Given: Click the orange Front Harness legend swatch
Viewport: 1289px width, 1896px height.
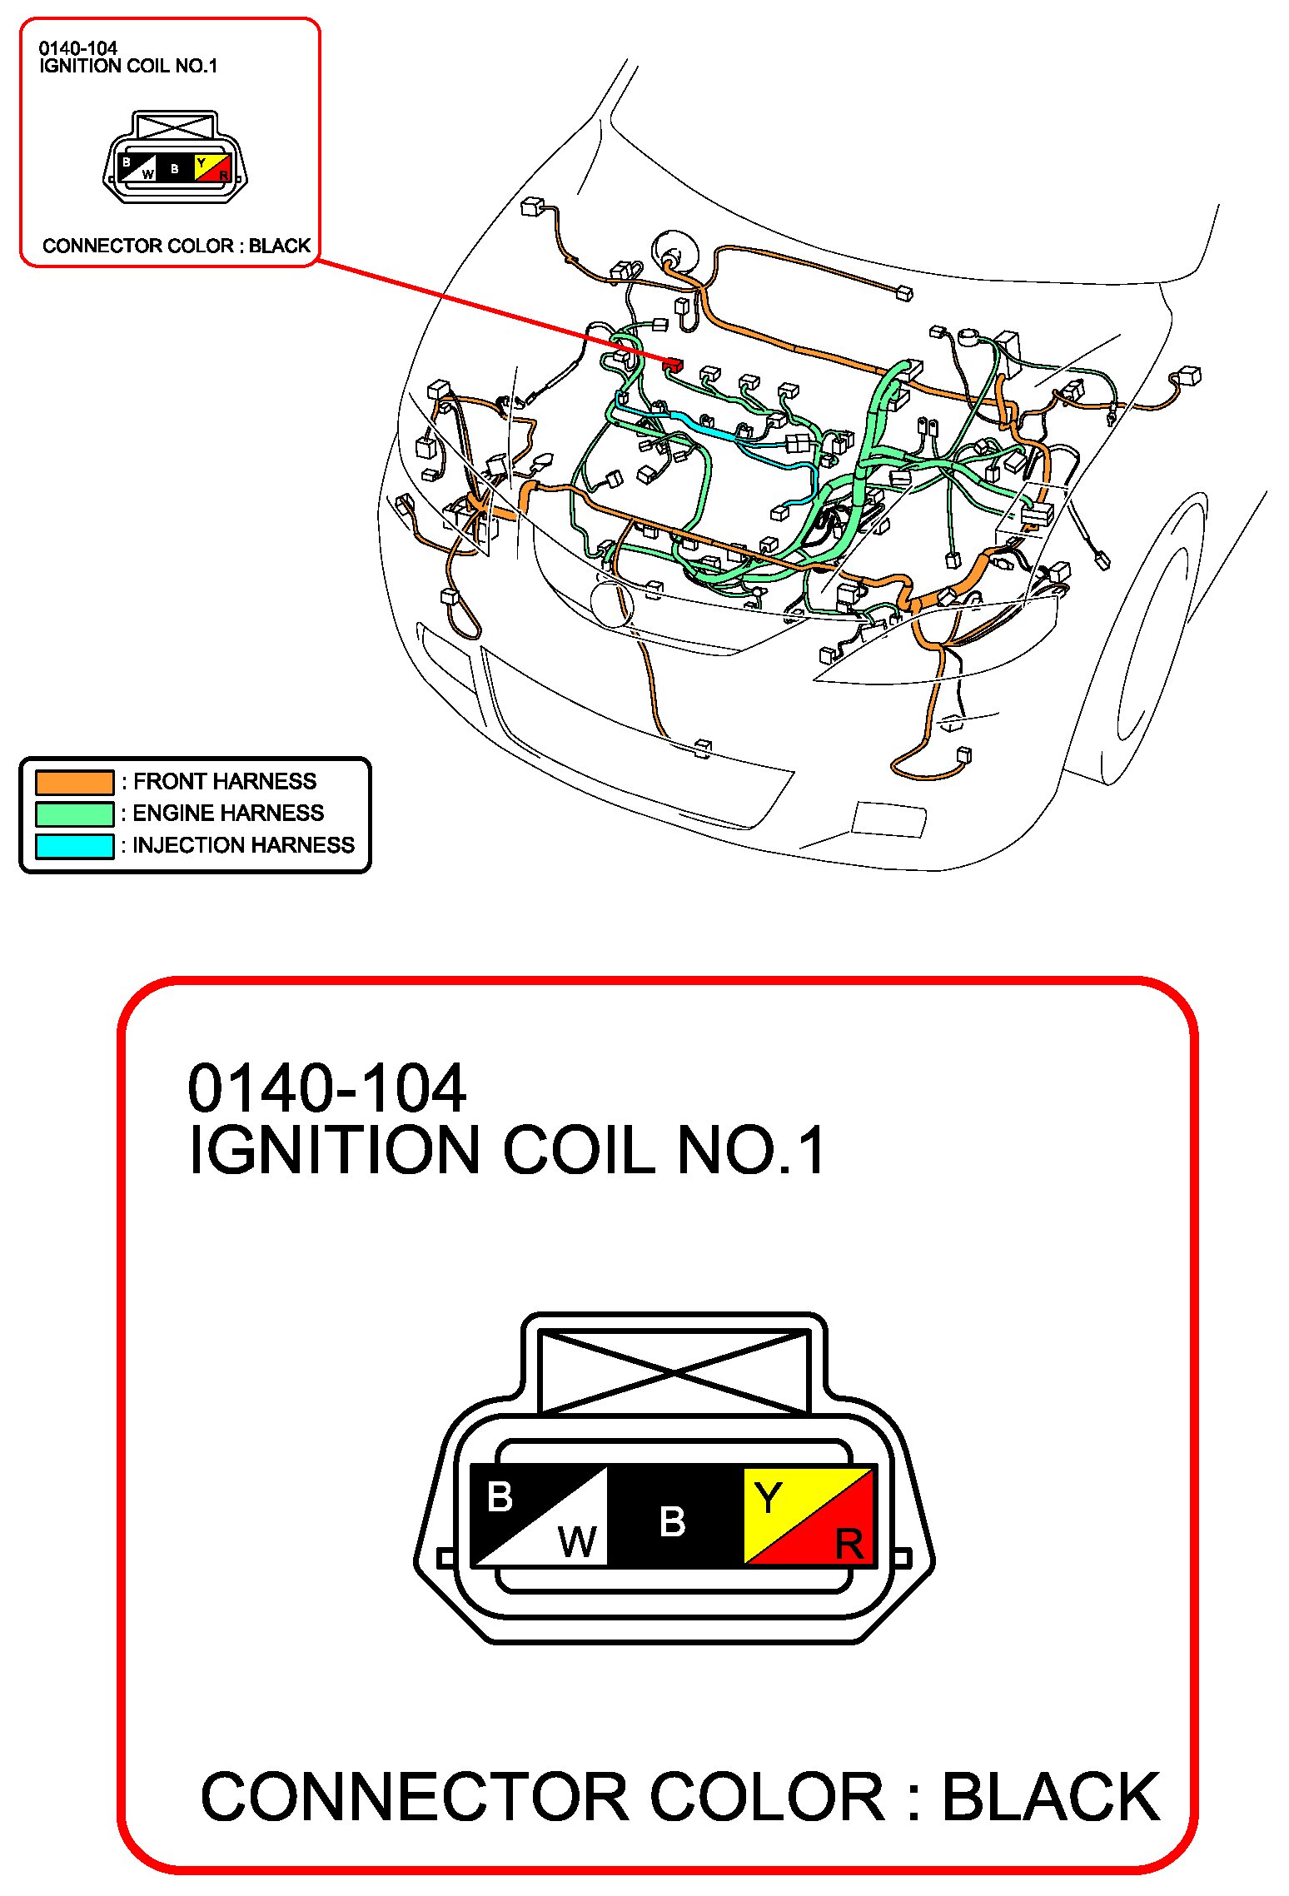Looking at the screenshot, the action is click(74, 782).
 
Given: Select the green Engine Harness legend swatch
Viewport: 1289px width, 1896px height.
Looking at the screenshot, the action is click(74, 814).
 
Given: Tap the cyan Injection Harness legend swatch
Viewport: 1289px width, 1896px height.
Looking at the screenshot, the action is click(74, 846).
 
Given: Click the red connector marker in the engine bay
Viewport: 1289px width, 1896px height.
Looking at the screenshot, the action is click(672, 364).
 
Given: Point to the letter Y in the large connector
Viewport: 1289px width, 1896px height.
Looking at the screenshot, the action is click(767, 1500).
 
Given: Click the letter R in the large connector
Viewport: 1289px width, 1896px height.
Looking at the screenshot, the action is click(849, 1545).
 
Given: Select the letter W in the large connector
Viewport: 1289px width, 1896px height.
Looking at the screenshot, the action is click(577, 1541).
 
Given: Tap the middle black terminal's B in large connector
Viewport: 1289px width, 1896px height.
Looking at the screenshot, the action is click(672, 1522).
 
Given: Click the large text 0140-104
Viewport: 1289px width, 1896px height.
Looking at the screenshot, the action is click(326, 1088).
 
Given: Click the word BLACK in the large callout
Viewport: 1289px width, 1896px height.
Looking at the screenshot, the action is click(1051, 1798).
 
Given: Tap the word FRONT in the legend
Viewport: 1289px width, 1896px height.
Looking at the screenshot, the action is click(169, 782).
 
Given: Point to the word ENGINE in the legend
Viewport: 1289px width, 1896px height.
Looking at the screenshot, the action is click(171, 814).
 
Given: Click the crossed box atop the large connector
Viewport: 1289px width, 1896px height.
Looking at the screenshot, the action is click(674, 1371).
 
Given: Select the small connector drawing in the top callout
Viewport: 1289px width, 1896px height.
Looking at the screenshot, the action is click(175, 158).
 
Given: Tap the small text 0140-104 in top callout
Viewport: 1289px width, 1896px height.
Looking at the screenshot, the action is click(77, 48).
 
